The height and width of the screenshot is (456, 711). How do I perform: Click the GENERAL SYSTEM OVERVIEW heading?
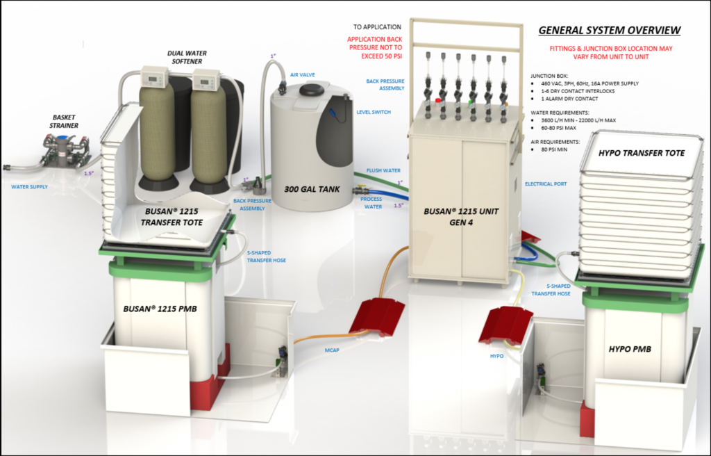coord(610,30)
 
